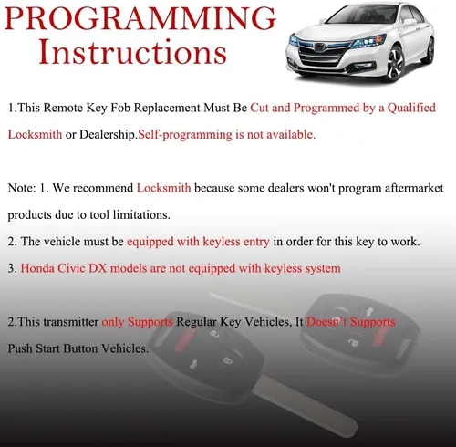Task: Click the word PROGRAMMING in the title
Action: pyautogui.click(x=140, y=18)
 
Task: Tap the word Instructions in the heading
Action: pyautogui.click(x=133, y=52)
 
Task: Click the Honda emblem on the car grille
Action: pyautogui.click(x=320, y=47)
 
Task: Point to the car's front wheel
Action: pyautogui.click(x=396, y=63)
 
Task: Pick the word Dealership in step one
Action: pyautogui.click(x=109, y=135)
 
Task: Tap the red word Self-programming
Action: pyautogui.click(x=185, y=135)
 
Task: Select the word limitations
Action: pyautogui.click(x=141, y=215)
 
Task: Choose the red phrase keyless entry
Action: pyautogui.click(x=236, y=242)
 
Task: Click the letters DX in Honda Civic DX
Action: pyautogui.click(x=98, y=268)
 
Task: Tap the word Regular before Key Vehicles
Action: pyautogui.click(x=196, y=322)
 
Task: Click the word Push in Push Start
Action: pyautogui.click(x=20, y=348)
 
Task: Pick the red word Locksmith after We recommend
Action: pyautogui.click(x=164, y=188)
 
